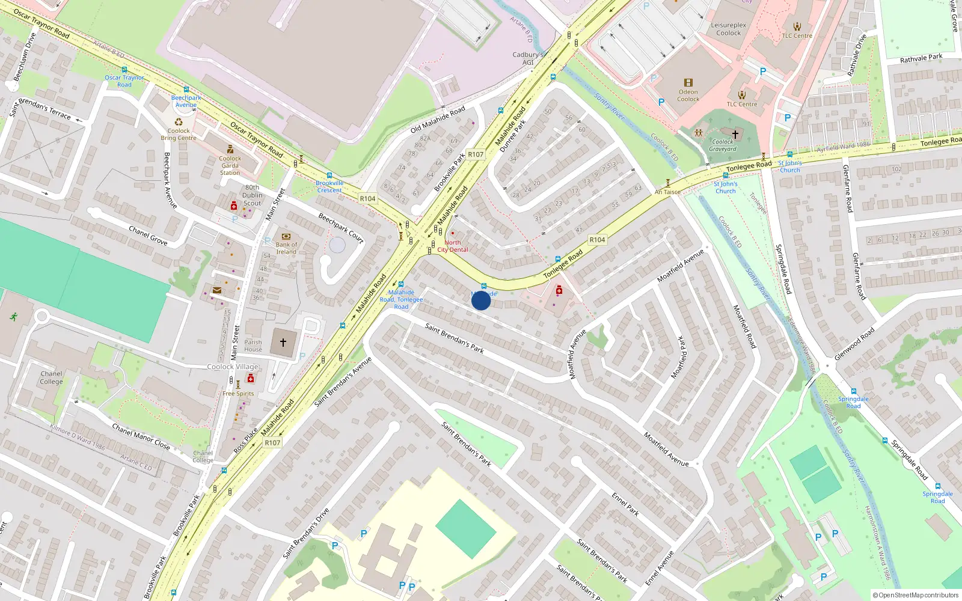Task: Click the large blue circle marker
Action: [x=481, y=300]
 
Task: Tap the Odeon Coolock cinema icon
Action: [x=688, y=83]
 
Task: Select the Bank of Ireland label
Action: [x=286, y=248]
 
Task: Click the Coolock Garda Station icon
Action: [x=230, y=149]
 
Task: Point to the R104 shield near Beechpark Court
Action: [x=367, y=198]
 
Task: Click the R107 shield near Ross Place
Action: [x=272, y=443]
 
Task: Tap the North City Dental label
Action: [x=453, y=246]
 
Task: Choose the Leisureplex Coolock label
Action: [x=728, y=29]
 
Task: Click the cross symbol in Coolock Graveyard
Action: [x=735, y=134]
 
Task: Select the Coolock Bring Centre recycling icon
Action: [x=179, y=122]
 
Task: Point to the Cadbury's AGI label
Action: [x=527, y=58]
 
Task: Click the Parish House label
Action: [x=253, y=346]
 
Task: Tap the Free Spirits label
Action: [x=238, y=394]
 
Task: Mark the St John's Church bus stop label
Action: [x=789, y=166]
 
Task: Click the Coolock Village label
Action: [x=233, y=367]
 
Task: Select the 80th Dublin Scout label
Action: [x=252, y=195]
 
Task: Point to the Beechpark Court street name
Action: [x=341, y=228]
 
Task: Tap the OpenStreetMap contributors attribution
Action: [x=915, y=595]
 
